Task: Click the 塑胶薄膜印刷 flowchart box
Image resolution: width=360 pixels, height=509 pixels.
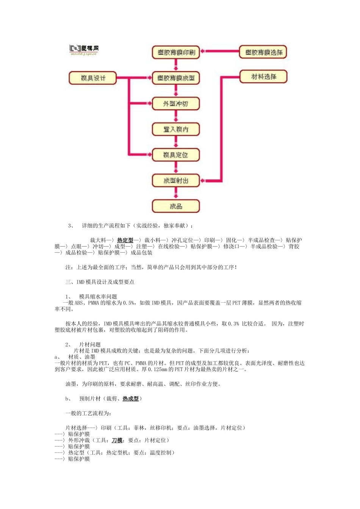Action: pos(176,52)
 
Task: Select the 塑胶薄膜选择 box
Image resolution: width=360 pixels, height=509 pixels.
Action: pos(263,52)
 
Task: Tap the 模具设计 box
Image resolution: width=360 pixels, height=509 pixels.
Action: pos(93,78)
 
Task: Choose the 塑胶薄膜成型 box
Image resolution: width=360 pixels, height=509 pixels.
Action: pos(176,78)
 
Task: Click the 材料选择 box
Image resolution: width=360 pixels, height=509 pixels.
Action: pos(263,77)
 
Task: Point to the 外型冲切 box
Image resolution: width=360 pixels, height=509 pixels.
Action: pos(176,103)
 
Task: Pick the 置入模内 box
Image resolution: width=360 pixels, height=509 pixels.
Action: pos(176,129)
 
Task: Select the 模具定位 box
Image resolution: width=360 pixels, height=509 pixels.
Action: pos(176,155)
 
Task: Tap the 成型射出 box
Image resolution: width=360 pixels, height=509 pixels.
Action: pos(176,181)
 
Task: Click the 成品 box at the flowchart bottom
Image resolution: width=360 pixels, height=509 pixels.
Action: pos(176,206)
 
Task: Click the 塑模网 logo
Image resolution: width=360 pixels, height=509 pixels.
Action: pos(84,50)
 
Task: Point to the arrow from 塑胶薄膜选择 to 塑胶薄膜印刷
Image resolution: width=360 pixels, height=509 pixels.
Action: pos(219,51)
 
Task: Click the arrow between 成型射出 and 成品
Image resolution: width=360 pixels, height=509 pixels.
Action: pos(176,193)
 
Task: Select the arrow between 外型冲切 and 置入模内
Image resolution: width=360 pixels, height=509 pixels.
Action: pos(176,116)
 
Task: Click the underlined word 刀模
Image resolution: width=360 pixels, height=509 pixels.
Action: pos(117,440)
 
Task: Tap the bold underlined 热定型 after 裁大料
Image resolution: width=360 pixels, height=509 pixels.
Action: pos(125,240)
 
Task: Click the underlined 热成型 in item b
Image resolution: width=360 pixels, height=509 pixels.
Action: pos(131,399)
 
